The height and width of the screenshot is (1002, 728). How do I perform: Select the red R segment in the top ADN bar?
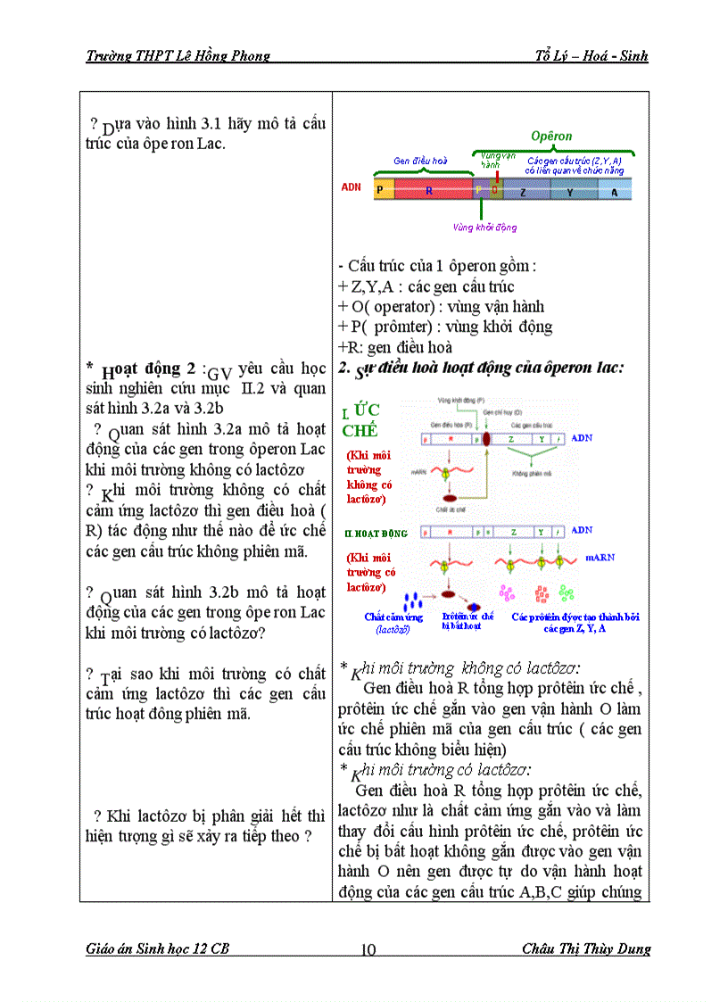(x=429, y=189)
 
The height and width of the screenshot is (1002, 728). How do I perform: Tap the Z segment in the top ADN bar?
(x=523, y=189)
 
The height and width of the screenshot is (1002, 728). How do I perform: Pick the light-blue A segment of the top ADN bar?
(x=614, y=189)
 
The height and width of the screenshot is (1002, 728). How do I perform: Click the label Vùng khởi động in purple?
(x=484, y=227)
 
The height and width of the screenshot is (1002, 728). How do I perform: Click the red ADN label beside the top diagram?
(x=352, y=188)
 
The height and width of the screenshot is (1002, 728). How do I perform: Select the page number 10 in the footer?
(x=368, y=948)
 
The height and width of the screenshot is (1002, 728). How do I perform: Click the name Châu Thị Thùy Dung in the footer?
(x=585, y=948)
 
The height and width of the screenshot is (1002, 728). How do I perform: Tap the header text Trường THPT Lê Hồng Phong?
(x=178, y=56)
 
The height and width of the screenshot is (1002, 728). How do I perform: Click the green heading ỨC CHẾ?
(x=360, y=419)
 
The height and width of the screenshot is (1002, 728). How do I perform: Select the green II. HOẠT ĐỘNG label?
(x=376, y=534)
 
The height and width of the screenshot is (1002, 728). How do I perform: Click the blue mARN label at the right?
(x=600, y=557)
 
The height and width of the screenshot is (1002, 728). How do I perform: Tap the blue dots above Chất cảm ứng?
(x=411, y=600)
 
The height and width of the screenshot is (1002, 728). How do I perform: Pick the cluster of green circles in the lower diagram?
(x=566, y=592)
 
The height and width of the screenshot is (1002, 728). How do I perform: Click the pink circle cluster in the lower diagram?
(x=507, y=593)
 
